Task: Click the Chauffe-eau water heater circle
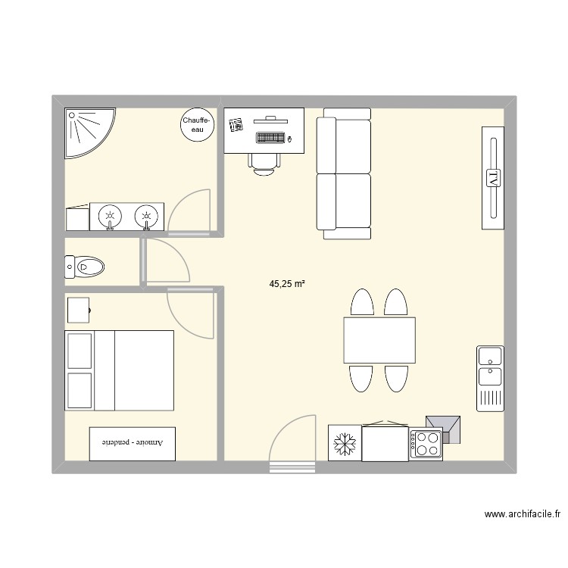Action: [197, 125]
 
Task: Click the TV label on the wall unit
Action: [493, 178]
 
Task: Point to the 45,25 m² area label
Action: [287, 284]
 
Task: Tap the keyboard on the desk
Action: [270, 139]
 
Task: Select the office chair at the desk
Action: [264, 163]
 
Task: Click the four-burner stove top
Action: [426, 444]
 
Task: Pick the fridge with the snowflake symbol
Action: [345, 443]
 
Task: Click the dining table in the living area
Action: [379, 340]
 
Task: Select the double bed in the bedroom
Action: [119, 369]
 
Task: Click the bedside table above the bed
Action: [79, 310]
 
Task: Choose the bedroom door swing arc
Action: [189, 314]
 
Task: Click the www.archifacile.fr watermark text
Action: [522, 514]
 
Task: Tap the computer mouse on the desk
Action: [289, 139]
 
